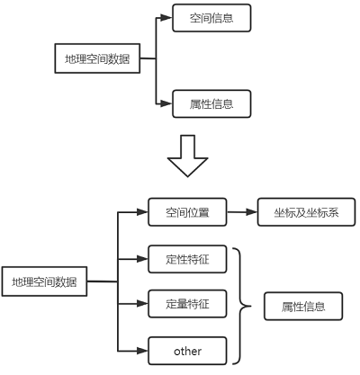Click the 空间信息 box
tap(211, 18)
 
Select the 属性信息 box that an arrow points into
tap(211, 104)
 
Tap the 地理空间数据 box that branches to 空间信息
tap(97, 60)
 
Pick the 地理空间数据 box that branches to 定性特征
tap(44, 282)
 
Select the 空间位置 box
tap(187, 213)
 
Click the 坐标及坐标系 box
tap(307, 213)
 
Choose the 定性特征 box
tap(187, 261)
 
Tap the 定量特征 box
tap(187, 304)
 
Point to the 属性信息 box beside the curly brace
tap(304, 307)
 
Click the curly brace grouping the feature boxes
tap(240, 306)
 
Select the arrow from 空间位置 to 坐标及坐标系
tap(241, 213)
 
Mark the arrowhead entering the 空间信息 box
tap(168, 18)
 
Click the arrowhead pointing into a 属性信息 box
tap(168, 104)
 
